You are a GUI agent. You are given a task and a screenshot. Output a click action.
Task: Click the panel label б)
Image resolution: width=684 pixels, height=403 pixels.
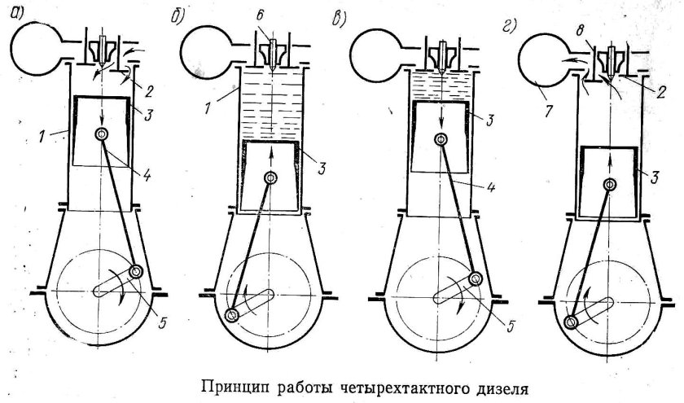point(179,15)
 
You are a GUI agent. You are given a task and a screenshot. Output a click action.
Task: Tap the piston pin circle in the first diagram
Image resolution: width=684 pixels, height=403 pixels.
point(101,135)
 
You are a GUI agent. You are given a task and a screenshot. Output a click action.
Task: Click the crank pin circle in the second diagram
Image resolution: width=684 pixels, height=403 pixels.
point(235,315)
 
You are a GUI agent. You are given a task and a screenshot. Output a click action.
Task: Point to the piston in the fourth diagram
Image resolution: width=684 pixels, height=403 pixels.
point(610,183)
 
